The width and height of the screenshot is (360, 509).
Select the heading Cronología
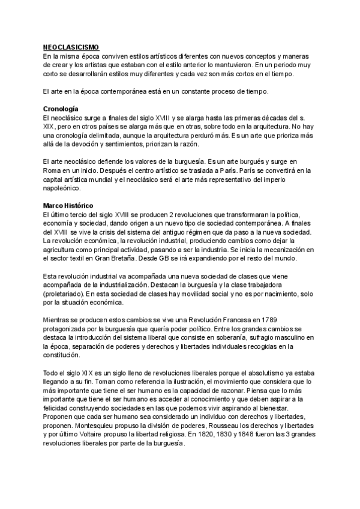click(61, 109)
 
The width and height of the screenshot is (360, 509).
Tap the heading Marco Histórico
click(68, 206)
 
